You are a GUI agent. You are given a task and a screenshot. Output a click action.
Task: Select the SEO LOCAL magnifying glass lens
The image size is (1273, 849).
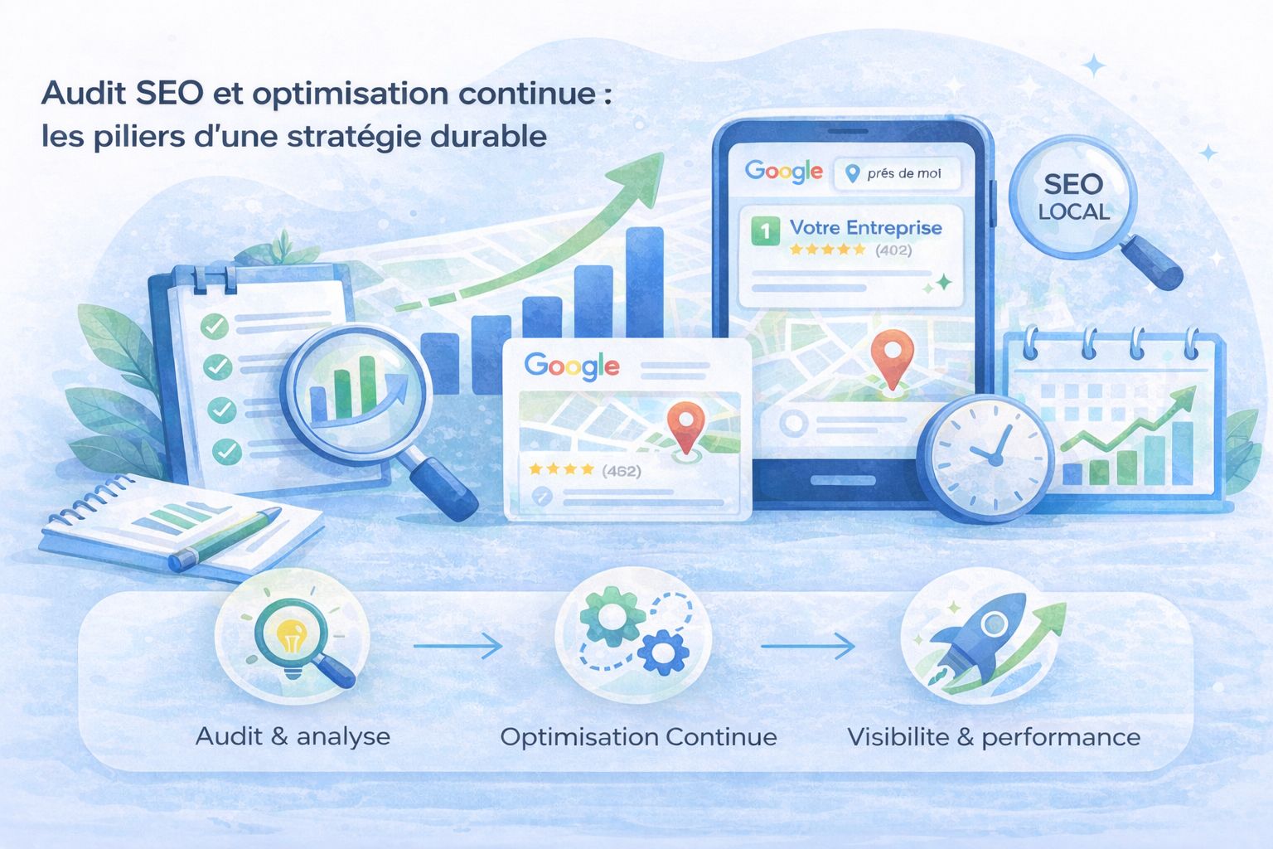1073,197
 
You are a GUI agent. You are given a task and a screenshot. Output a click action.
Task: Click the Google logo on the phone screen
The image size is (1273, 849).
783,172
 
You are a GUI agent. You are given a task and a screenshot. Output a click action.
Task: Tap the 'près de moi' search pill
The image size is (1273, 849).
896,173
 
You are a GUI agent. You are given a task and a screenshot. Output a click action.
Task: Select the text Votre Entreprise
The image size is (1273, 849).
865,227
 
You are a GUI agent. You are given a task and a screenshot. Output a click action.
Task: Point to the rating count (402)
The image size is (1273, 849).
893,250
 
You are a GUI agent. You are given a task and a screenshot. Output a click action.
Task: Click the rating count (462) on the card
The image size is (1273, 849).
622,471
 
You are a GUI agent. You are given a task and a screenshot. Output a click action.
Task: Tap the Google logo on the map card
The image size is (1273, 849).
572,366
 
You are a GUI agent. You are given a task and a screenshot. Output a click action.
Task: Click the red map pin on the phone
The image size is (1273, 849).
892,355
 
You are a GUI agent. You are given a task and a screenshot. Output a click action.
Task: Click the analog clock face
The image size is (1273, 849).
985,458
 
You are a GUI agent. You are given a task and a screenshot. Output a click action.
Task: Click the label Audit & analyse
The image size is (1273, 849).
293,736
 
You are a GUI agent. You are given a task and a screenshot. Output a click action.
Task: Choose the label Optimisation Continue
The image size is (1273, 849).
638,737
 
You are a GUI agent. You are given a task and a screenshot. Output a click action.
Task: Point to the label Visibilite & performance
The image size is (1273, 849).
993,737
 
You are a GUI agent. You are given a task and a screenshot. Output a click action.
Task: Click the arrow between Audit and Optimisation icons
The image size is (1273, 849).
457,645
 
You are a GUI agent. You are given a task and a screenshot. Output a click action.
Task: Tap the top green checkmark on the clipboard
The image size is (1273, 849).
215,326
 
